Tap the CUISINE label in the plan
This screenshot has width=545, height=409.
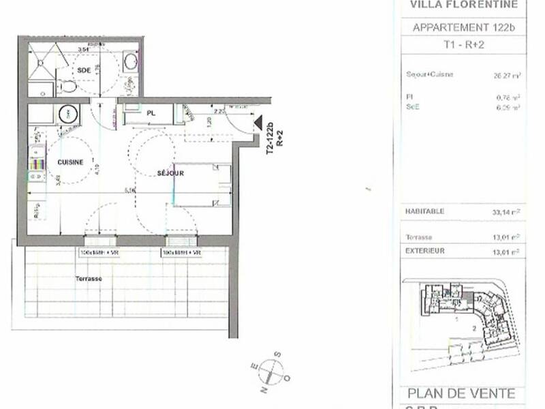point(70,162)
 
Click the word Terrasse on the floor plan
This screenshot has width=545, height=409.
point(89,279)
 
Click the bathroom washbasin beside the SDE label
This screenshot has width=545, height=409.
point(130,62)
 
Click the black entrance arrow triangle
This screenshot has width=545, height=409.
point(258,123)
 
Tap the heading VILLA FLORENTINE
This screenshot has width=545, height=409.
point(463,5)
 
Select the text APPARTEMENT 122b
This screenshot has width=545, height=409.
point(463,28)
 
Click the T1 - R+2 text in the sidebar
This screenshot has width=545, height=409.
point(463,46)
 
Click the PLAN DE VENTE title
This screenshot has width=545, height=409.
point(461,394)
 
